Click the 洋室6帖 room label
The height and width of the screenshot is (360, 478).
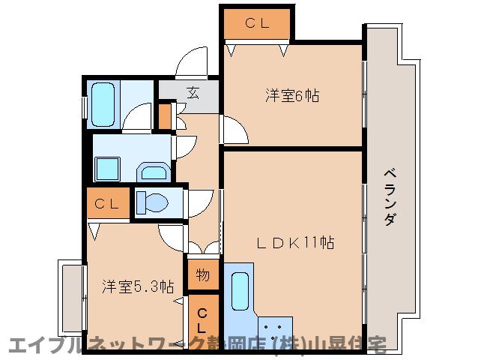coord(292,96)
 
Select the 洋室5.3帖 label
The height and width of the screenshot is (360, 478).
coord(138,286)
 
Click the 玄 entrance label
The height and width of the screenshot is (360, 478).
coord(193,93)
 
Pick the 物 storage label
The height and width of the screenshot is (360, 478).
coord(203,274)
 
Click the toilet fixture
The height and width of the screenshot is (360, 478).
coord(154,203)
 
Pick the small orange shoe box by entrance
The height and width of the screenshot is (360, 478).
coord(165,116)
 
